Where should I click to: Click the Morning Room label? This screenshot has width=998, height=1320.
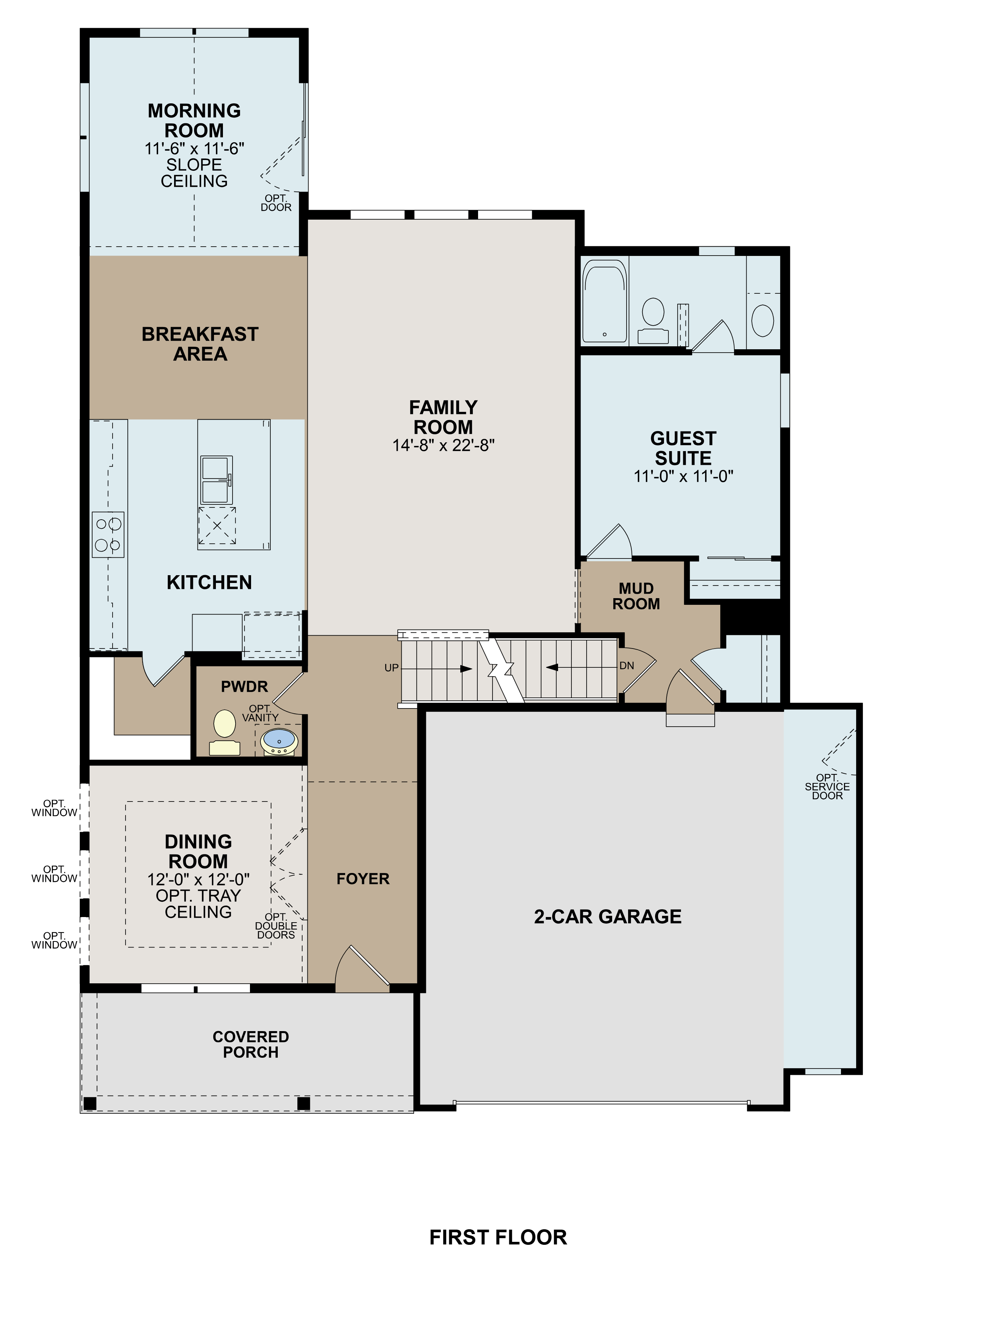(194, 120)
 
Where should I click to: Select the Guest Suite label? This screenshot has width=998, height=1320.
(683, 448)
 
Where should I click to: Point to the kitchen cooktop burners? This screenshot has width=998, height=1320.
(108, 534)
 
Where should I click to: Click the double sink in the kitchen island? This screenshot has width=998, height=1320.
(216, 480)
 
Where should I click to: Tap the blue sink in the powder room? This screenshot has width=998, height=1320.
(278, 740)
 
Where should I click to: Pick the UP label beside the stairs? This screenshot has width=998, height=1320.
(391, 668)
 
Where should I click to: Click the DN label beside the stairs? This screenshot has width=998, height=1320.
(626, 666)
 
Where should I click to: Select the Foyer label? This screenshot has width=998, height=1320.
(363, 879)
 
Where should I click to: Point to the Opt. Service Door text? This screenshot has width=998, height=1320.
(827, 787)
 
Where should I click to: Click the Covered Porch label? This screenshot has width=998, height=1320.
(251, 1044)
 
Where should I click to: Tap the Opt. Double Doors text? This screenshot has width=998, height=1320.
(276, 926)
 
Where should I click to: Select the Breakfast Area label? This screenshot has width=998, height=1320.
(200, 344)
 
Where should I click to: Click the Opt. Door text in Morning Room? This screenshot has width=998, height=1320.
(276, 203)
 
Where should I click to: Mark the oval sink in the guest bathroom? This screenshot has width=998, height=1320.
(762, 320)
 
